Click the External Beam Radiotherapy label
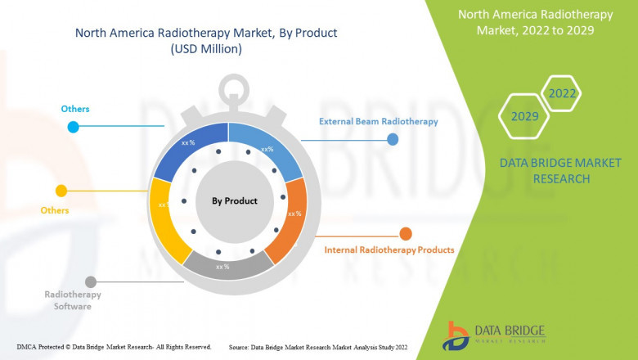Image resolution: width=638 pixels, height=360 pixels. click(x=379, y=122)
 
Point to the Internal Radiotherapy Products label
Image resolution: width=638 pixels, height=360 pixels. click(x=389, y=250)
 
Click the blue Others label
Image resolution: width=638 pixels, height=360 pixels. click(x=74, y=109)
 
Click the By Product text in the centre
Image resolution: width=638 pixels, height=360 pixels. click(x=234, y=200)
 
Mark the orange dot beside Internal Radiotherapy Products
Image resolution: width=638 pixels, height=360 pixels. click(x=404, y=234)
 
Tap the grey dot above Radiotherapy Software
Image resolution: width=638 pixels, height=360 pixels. click(x=91, y=282)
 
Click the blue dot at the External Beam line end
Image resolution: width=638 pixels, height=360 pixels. click(x=393, y=140)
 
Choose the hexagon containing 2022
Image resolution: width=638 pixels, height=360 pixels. click(x=562, y=93)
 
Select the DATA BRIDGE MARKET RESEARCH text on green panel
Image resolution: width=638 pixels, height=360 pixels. click(x=550, y=170)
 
